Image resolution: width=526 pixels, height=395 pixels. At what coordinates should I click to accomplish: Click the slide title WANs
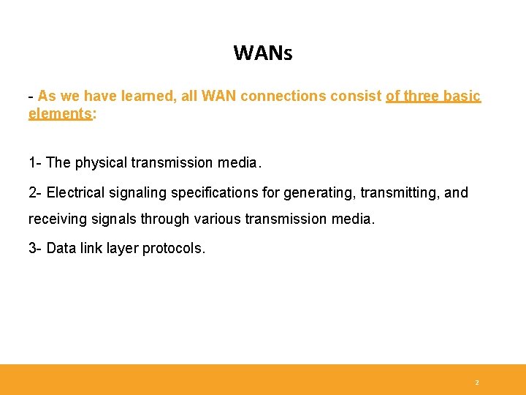point(262,53)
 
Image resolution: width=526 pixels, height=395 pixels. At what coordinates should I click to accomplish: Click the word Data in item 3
point(61,248)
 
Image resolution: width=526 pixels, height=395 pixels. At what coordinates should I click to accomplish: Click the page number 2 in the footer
point(477,383)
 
